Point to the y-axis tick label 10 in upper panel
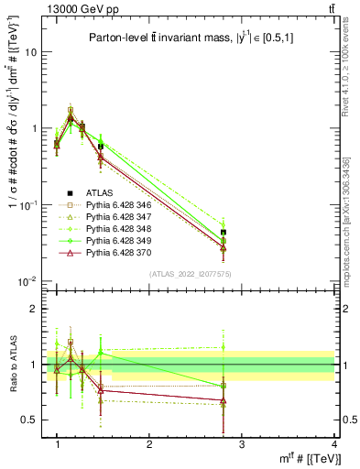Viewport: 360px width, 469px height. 30,52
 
